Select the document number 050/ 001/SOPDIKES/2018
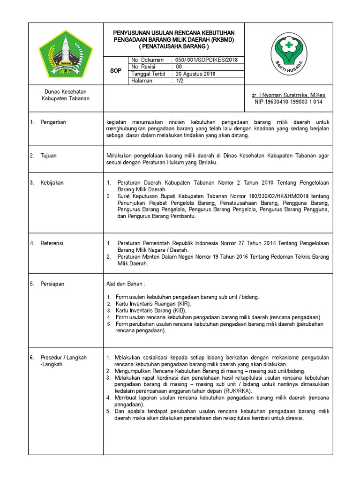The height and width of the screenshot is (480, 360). [x=205, y=60]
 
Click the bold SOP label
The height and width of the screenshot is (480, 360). [x=115, y=70]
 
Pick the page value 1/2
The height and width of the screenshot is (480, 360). [x=179, y=81]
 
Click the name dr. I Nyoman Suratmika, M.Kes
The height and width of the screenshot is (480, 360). [x=288, y=95]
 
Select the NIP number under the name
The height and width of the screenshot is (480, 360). [x=288, y=101]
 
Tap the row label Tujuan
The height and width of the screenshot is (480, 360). [x=48, y=156]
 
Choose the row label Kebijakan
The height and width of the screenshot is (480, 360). [x=52, y=183]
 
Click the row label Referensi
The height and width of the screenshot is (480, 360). [x=52, y=243]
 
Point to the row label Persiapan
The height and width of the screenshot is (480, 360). [x=52, y=284]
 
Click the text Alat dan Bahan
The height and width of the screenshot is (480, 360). [x=126, y=284]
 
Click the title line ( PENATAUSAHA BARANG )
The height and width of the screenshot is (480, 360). [x=174, y=47]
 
